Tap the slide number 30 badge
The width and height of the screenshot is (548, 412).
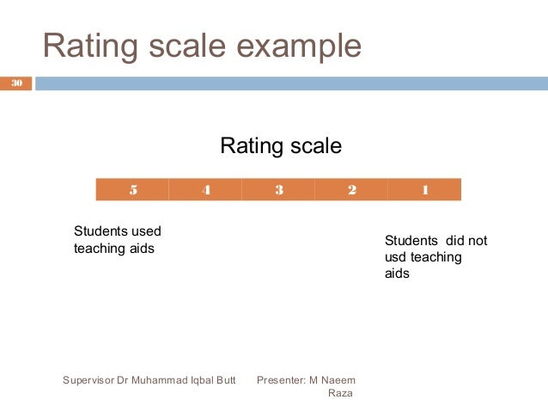(16, 83)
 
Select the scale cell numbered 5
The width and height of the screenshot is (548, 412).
(132, 190)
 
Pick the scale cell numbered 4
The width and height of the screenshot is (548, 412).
(206, 190)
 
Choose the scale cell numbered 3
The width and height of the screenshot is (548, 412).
(279, 190)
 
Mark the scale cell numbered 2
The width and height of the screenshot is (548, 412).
(351, 190)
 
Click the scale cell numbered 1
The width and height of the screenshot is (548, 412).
(424, 190)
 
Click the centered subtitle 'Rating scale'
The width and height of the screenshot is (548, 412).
(281, 146)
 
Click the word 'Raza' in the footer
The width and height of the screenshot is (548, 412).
(342, 394)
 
